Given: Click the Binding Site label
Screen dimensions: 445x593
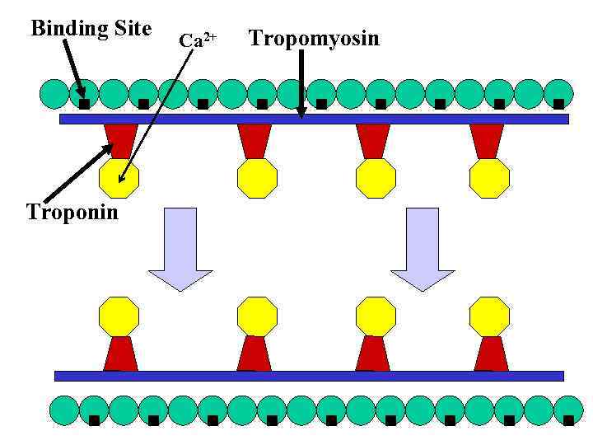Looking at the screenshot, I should tap(91, 29).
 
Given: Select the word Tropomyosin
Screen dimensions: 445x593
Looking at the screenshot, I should tap(314, 38).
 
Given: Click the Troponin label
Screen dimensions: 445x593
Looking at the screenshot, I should tap(72, 213).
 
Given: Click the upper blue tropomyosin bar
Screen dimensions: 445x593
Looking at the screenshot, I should tap(314, 119).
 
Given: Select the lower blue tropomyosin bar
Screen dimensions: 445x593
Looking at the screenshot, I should tap(309, 376).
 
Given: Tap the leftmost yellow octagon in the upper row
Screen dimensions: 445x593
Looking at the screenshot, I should tap(119, 178).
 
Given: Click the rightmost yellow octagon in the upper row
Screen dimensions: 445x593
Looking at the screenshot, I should tap(489, 178).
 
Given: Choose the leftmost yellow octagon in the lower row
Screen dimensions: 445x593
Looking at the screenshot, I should tap(119, 316).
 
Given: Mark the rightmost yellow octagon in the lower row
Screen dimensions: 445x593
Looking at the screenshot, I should tap(489, 316).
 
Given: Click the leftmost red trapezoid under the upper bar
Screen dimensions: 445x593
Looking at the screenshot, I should tap(120, 141).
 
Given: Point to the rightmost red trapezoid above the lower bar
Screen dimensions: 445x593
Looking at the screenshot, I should tap(491, 354).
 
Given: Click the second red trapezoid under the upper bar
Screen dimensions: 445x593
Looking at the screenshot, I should tap(254, 141).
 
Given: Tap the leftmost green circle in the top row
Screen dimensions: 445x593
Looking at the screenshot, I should tap(54, 94).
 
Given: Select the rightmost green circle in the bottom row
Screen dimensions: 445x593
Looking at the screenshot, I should tap(567, 410).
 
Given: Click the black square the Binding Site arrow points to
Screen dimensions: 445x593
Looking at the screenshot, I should tap(84, 104).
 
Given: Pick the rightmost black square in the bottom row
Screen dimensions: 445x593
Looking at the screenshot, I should tap(568, 420).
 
